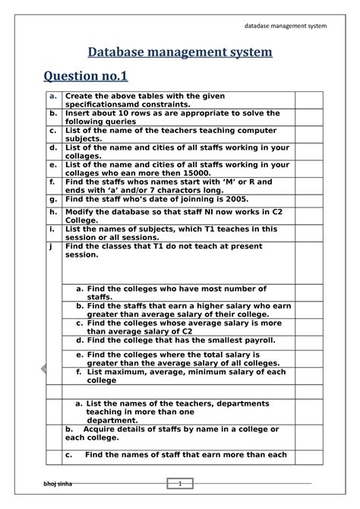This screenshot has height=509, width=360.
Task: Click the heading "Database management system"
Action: coord(179,53)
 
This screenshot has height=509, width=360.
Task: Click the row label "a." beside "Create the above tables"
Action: coord(53,96)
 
